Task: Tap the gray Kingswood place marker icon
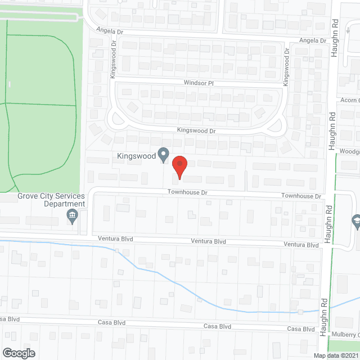(x=164, y=154)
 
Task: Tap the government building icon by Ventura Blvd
(x=72, y=216)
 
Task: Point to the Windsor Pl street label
(x=199, y=82)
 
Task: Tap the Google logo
(x=18, y=353)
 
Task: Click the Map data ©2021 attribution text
(x=335, y=355)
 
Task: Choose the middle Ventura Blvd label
(x=208, y=241)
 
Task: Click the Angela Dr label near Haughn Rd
(x=312, y=40)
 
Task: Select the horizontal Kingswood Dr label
(x=196, y=130)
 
